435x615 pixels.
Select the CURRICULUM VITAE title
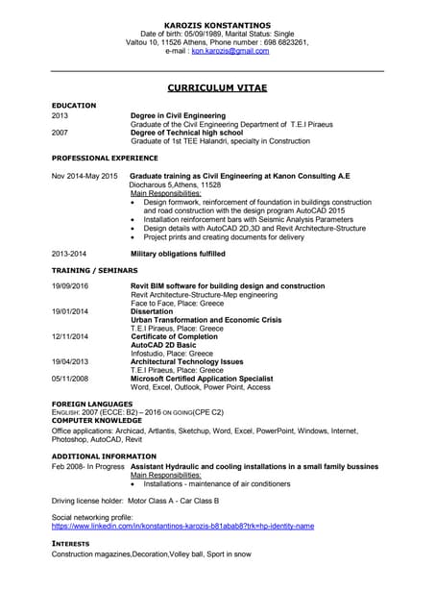217,87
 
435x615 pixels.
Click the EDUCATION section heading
74,105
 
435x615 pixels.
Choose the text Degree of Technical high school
183,132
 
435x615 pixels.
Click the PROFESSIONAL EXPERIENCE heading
105,157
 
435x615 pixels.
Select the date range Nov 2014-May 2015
85,177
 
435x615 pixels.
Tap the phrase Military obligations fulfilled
178,254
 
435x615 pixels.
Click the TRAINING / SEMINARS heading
96,272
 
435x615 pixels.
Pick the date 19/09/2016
70,286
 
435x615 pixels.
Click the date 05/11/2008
70,378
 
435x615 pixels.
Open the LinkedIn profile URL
182,527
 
